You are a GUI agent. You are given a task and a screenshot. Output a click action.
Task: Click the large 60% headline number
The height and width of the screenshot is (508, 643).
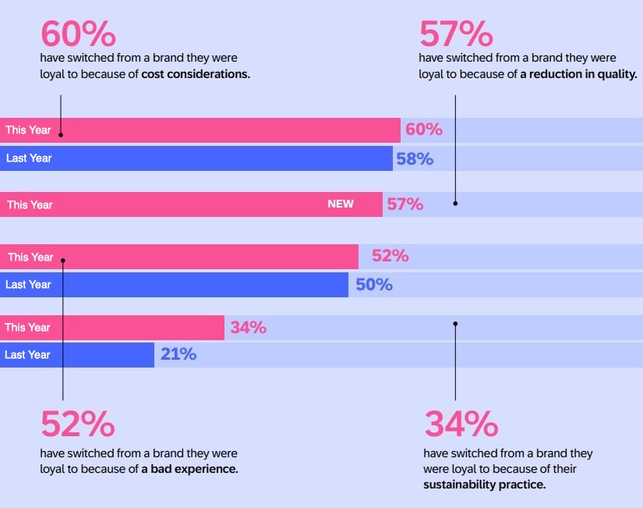77,34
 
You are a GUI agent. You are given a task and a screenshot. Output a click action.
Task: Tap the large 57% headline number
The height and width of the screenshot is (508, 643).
456,34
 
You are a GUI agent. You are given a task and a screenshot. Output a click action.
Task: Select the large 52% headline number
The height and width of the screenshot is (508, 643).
77,425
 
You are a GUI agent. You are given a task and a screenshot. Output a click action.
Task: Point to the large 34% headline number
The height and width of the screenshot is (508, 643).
461,425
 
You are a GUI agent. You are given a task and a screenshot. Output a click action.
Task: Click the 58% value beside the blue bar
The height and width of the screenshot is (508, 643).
415,159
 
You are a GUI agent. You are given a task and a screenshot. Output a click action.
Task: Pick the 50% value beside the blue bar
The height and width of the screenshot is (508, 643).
374,285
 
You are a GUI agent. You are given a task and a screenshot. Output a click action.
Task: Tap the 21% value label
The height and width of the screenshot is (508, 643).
178,355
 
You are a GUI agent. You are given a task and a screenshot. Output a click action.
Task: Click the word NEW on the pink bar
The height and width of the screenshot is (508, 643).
341,204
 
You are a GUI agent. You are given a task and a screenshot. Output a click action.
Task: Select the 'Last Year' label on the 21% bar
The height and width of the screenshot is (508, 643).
28,355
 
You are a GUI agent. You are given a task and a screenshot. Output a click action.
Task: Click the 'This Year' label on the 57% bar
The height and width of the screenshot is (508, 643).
30,205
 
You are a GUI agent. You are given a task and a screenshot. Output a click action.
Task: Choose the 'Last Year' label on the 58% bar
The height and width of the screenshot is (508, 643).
29,158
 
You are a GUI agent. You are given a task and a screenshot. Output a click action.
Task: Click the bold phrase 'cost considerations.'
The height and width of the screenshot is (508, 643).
196,75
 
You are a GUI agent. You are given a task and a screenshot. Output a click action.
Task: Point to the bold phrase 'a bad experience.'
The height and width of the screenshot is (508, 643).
189,469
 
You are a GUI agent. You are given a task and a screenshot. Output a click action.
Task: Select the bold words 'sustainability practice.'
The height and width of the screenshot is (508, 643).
484,485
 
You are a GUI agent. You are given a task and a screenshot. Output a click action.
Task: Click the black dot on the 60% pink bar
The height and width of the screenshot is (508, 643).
61,134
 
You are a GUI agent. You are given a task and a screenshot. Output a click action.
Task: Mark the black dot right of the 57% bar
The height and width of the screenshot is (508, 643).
455,203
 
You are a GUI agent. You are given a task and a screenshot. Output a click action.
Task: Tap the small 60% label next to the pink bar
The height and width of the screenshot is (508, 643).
424,130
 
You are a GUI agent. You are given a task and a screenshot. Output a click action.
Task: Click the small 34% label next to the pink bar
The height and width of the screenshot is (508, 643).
248,328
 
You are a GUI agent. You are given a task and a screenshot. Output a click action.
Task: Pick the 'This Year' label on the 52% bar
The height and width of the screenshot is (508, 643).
30,258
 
